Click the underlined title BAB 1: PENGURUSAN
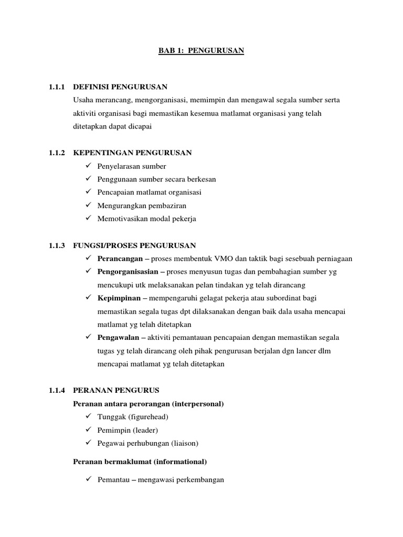point(202,51)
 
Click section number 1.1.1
point(56,86)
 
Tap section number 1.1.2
point(56,153)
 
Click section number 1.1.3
point(56,245)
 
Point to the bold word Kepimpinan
point(119,298)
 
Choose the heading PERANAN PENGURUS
point(116,390)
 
